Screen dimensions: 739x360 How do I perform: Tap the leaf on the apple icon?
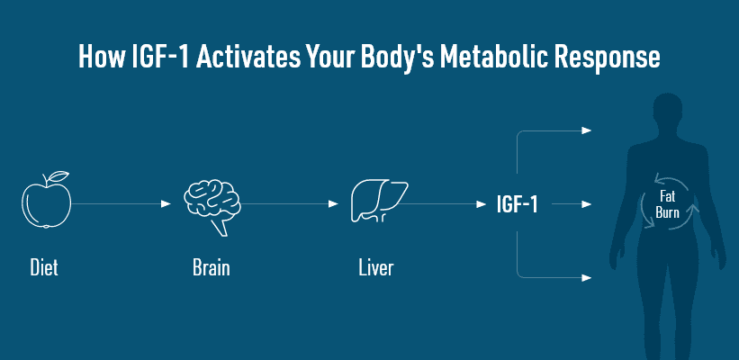click(x=59, y=176)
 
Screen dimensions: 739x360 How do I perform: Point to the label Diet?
click(x=44, y=267)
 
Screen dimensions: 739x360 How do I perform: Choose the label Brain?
click(x=212, y=267)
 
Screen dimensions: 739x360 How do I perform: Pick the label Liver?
click(x=375, y=267)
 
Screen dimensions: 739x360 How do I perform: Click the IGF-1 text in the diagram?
click(x=517, y=204)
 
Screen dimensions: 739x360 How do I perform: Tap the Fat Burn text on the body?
click(x=667, y=204)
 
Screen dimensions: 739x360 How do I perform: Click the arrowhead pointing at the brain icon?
click(x=166, y=204)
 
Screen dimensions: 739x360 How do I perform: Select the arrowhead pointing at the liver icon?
click(x=333, y=204)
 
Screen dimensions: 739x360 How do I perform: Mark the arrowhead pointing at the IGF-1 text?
click(x=481, y=204)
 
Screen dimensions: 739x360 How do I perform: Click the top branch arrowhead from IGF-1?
click(x=586, y=130)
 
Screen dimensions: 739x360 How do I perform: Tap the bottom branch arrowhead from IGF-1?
click(x=586, y=278)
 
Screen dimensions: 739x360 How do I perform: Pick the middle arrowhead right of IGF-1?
click(x=586, y=204)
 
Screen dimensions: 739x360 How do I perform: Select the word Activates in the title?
click(x=248, y=58)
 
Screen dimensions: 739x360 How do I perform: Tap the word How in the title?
click(x=97, y=58)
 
